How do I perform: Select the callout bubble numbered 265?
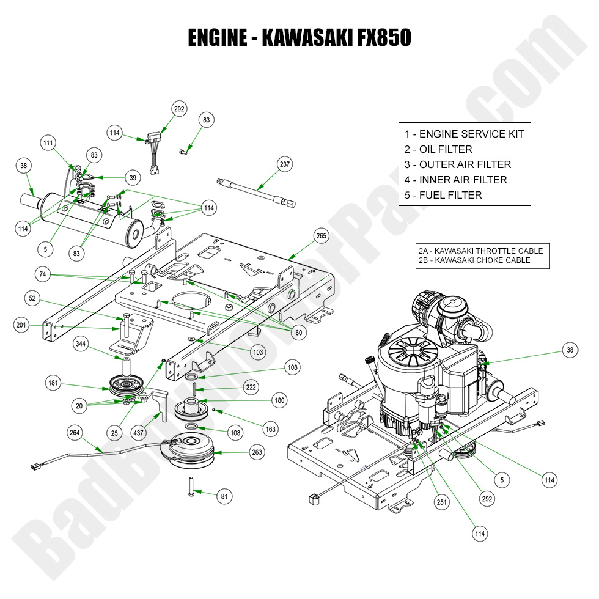pyautogui.click(x=322, y=236)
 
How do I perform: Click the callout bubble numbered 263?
pyautogui.click(x=257, y=452)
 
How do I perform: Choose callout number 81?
pyautogui.click(x=224, y=497)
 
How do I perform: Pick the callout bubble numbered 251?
pyautogui.click(x=423, y=502)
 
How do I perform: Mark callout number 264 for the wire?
pyautogui.click(x=75, y=433)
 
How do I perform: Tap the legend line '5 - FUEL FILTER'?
pyautogui.click(x=443, y=195)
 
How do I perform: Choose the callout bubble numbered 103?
pyautogui.click(x=258, y=353)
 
